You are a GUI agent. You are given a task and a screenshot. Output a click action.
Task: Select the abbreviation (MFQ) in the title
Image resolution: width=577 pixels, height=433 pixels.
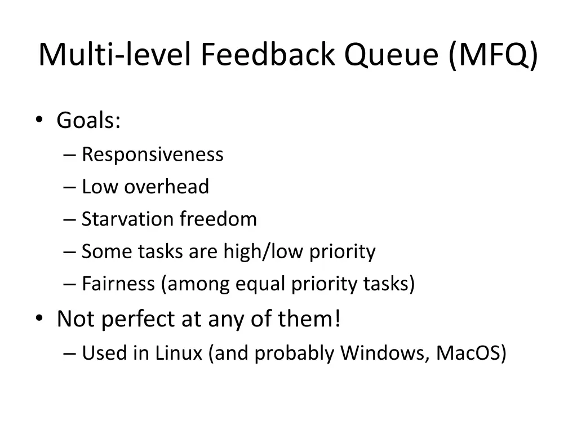[494, 55]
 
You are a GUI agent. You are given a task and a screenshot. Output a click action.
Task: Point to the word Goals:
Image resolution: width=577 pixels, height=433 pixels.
[88, 120]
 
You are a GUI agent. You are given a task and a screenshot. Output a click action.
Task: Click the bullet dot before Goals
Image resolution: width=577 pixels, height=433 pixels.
[38, 120]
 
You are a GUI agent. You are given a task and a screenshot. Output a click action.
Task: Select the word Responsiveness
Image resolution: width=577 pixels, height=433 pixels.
[152, 154]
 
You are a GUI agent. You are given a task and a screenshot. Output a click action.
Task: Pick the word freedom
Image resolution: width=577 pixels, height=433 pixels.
[218, 219]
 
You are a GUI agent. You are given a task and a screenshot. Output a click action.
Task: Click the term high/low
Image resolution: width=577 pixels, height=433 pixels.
[263, 251]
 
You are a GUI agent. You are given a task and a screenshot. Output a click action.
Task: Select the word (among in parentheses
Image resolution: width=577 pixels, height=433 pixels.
[194, 284]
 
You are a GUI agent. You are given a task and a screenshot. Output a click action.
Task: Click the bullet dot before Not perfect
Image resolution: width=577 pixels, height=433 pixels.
[38, 319]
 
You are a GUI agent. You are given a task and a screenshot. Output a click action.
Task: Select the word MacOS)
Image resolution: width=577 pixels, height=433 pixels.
[472, 353]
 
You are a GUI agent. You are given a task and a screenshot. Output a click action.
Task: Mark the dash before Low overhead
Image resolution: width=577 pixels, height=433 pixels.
[71, 187]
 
